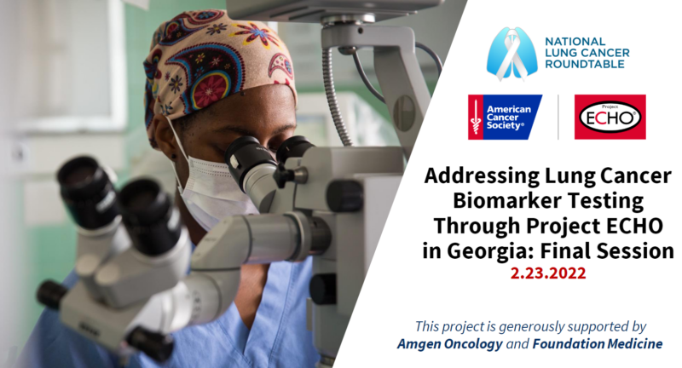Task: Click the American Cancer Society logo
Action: [505, 117]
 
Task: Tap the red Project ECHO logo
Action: [610, 117]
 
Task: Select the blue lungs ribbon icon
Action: [512, 55]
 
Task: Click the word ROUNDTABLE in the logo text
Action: [585, 64]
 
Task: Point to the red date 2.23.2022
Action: [548, 273]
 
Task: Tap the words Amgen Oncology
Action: [450, 344]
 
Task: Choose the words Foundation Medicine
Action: [598, 344]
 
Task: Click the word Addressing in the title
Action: [482, 176]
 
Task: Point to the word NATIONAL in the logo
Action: [575, 42]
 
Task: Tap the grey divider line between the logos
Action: [558, 117]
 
